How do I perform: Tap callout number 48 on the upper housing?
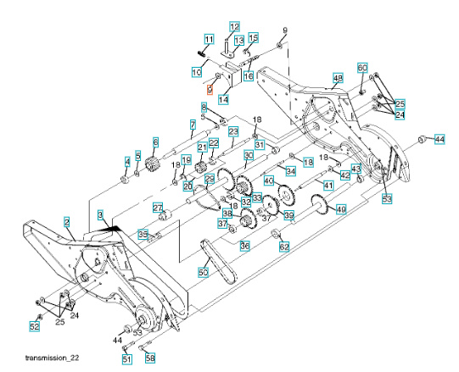coord(338,79)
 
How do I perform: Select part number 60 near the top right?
coord(362,67)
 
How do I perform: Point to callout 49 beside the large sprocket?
coord(341,209)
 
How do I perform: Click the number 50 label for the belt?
coord(203,273)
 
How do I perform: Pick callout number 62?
coord(285,247)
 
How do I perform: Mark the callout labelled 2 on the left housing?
coord(65,221)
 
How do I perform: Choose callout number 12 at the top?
coord(234,26)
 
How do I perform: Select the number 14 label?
coord(223,99)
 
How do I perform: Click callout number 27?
coord(157,208)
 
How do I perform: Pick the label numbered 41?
coord(327,184)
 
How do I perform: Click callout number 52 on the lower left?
coord(35,325)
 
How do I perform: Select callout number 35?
coord(144,234)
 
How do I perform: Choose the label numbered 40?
coord(268,180)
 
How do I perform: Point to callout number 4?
coord(128,161)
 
